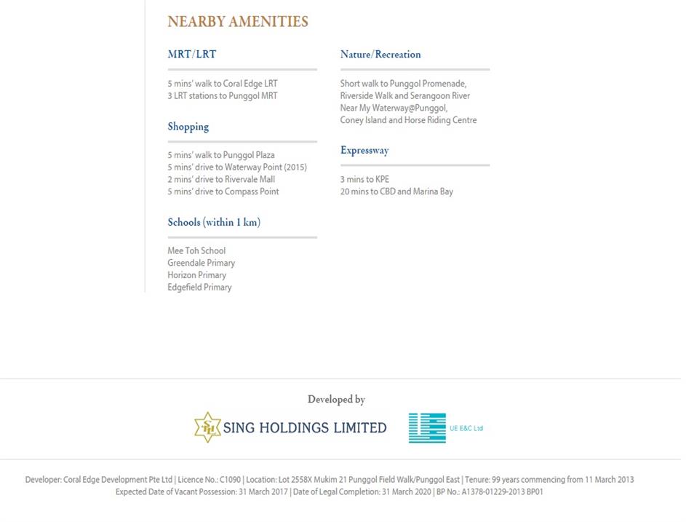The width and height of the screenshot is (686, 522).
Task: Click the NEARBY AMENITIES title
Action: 238,22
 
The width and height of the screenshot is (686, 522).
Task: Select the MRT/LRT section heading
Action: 191,54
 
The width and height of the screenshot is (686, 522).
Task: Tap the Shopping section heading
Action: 188,127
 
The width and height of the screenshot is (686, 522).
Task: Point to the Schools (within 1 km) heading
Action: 213,222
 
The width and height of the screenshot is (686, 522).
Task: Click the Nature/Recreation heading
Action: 380,55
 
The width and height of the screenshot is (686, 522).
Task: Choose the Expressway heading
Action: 364,151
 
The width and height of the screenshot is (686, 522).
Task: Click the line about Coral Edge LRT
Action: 222,84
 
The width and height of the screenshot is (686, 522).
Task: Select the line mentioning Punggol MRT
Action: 222,96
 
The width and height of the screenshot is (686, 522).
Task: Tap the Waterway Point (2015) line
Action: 236,167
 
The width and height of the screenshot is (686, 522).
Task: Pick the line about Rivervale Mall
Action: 220,180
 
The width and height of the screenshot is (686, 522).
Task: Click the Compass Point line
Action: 223,191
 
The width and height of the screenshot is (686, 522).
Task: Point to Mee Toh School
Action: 196,251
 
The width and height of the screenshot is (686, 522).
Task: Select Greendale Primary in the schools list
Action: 201,263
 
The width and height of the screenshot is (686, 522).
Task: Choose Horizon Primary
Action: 196,275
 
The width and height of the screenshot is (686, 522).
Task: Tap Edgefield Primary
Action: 199,288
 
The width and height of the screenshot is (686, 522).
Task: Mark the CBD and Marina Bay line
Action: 396,191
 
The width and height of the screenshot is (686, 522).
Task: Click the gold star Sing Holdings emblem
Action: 207,427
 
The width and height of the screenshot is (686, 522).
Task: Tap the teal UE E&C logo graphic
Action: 427,428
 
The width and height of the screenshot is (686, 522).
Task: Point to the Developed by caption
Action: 336,400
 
